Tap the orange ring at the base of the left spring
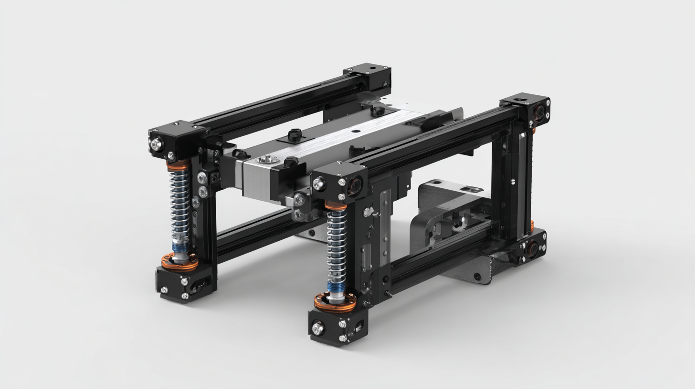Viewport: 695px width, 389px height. [179, 262]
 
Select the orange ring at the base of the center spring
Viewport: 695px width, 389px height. [335, 301]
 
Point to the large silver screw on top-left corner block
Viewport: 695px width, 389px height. [157, 143]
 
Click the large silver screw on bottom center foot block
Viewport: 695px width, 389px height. [318, 328]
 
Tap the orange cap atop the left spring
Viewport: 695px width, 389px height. [179, 165]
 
